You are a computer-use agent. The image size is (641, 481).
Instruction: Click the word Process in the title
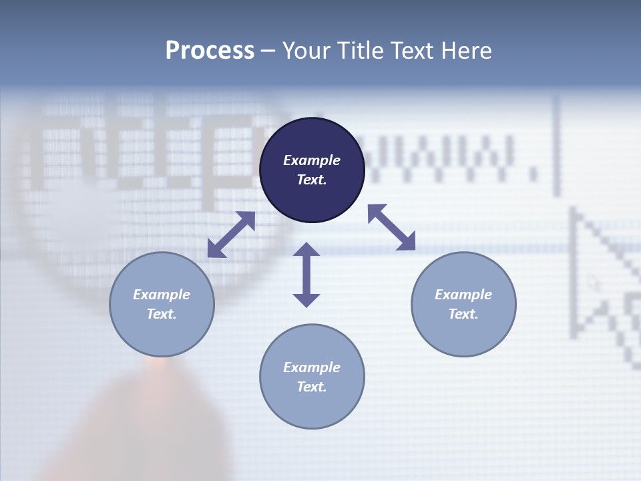(x=210, y=51)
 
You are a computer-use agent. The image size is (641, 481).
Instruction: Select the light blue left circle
(x=162, y=334)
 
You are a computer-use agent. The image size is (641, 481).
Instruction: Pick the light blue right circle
(x=463, y=334)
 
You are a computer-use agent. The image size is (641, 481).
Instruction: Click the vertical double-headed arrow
(x=306, y=275)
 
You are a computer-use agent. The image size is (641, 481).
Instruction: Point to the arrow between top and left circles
(x=231, y=234)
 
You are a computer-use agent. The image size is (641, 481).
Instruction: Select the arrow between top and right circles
(x=392, y=227)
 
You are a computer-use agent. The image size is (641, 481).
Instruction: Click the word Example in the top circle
(x=312, y=160)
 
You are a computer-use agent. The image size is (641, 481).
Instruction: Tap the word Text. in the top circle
(x=312, y=180)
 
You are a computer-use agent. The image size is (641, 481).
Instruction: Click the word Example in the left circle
(x=162, y=295)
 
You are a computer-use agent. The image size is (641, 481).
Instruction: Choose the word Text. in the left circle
(x=162, y=314)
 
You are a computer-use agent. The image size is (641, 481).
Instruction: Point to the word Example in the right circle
(x=463, y=295)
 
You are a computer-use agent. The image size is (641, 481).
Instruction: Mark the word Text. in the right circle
(x=463, y=314)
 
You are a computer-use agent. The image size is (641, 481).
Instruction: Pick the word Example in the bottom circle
(x=312, y=367)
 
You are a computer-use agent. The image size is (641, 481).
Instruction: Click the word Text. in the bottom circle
(x=312, y=387)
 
